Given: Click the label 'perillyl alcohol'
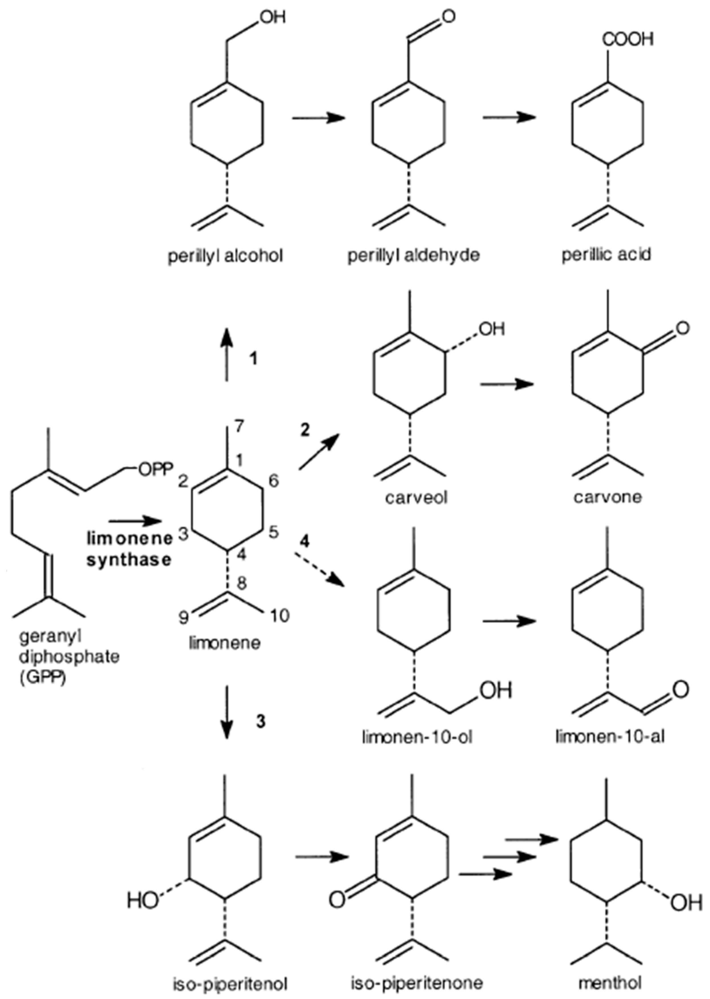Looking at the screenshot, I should coord(226,256).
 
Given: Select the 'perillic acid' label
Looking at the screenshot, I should coord(607,254).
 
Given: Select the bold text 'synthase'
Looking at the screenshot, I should coord(129,560).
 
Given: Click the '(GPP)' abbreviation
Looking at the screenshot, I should coord(42,680).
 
